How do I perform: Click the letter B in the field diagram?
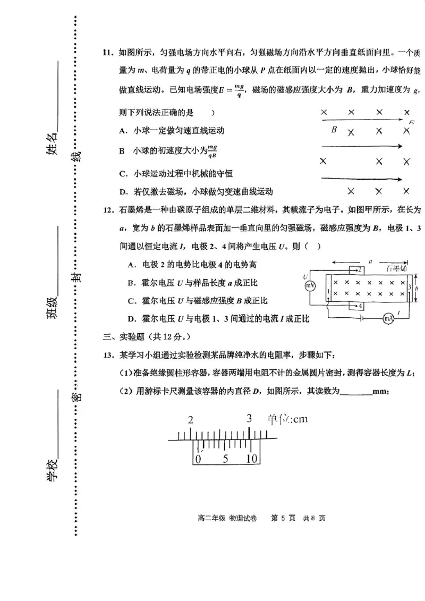click(x=334, y=129)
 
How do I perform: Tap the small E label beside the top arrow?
click(x=411, y=123)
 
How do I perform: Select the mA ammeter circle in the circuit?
click(x=388, y=318)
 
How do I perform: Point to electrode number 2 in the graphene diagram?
click(x=360, y=270)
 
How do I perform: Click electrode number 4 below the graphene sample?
click(x=360, y=307)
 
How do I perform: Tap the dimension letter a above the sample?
click(x=370, y=261)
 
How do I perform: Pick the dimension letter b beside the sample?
click(x=418, y=287)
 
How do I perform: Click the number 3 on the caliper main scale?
click(x=249, y=418)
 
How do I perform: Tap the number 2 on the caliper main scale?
click(x=190, y=420)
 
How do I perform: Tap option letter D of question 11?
click(x=123, y=191)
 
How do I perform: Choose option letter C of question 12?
click(x=131, y=301)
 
